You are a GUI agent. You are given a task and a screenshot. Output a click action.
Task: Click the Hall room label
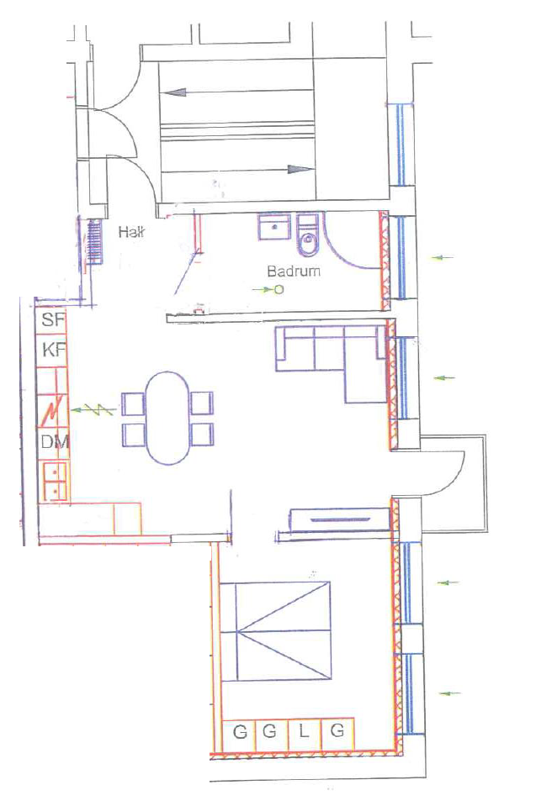coord(131,232)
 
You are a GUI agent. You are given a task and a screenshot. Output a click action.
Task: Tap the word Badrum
coord(294,271)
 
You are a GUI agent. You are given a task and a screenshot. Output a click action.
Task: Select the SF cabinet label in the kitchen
coord(53,319)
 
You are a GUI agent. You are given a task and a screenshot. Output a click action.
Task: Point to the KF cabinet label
coord(54,350)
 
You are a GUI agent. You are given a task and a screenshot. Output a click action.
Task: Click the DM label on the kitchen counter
coord(55,441)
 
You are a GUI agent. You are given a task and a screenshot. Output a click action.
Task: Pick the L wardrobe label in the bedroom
coord(304,730)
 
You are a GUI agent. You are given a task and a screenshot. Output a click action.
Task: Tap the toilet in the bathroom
coord(308,235)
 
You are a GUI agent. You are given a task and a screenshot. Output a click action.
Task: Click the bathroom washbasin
coord(274,227)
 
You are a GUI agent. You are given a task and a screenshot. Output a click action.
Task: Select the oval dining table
coord(167,418)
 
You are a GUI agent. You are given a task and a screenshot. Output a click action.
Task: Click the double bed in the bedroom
coord(275,631)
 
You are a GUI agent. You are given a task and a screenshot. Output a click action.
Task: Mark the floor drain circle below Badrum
coord(279,290)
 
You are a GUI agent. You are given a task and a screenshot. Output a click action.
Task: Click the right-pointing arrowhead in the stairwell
coord(300,169)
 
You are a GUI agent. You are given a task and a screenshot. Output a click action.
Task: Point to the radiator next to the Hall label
coord(94,241)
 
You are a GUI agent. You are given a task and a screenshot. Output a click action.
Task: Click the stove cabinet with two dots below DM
coord(55,482)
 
